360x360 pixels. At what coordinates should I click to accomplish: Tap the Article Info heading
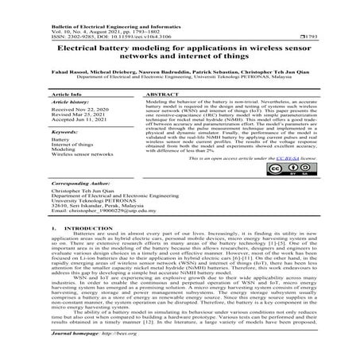[x=66, y=93]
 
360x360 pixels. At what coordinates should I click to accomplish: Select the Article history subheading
[x=69, y=103]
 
